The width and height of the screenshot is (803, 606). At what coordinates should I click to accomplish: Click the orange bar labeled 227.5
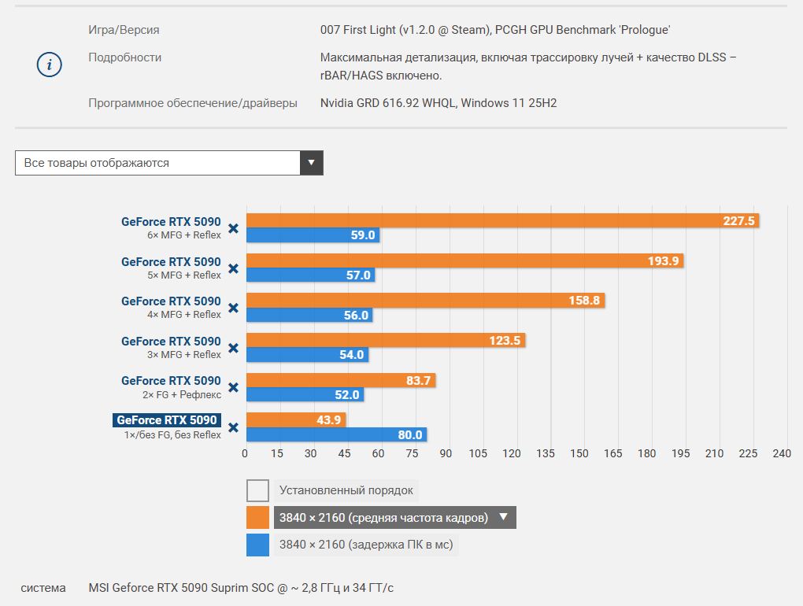[502, 220]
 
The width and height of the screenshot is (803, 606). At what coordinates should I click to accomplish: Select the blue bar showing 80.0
[336, 434]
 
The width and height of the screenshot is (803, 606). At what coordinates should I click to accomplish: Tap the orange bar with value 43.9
[296, 420]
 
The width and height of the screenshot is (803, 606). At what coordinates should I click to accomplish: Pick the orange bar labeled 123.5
[386, 340]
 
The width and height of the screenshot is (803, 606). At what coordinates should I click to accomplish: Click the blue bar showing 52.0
[305, 394]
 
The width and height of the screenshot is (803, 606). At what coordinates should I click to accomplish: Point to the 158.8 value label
[584, 301]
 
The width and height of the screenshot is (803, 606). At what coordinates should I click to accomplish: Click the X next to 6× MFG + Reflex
[233, 228]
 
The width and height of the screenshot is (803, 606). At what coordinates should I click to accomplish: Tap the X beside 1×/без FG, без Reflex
[233, 427]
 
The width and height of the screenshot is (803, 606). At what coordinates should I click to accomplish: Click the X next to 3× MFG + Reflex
[233, 348]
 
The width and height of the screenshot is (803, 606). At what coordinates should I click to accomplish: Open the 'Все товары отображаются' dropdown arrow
[312, 163]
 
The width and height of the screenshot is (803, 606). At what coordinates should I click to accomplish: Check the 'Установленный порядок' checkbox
[257, 490]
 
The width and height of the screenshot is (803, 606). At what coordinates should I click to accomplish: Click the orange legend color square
[257, 517]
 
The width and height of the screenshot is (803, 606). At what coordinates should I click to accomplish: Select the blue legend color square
[257, 545]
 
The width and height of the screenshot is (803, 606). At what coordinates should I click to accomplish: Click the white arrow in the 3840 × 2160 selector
[503, 517]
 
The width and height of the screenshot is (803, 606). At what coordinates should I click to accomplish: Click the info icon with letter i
[49, 65]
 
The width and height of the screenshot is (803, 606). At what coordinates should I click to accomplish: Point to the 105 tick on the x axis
[478, 453]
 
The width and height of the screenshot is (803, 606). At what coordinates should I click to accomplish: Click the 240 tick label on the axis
[782, 453]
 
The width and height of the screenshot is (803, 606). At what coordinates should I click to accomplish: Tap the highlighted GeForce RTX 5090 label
[167, 420]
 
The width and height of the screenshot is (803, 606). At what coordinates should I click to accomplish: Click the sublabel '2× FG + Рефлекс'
[182, 394]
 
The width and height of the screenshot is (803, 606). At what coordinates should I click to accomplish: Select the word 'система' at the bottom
[43, 588]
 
